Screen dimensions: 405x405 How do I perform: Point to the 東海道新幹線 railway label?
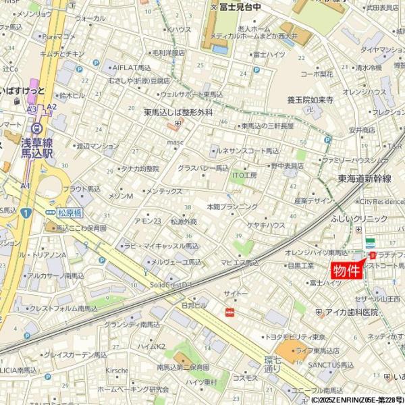pos(364,178)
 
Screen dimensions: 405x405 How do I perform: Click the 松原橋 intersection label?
pos(69,212)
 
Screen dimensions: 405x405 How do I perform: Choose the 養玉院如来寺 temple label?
pos(310,100)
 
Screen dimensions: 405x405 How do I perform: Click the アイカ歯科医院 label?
pos(351,313)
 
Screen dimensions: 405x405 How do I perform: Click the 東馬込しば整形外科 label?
pos(178,113)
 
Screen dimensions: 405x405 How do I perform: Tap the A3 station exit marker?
pos(32,109)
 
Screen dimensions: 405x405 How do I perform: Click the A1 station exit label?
pos(26,186)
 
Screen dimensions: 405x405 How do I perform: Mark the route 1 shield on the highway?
pos(26,213)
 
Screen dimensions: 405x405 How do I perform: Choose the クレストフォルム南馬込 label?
pos(64,308)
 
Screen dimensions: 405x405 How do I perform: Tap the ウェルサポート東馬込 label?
pos(192,94)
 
